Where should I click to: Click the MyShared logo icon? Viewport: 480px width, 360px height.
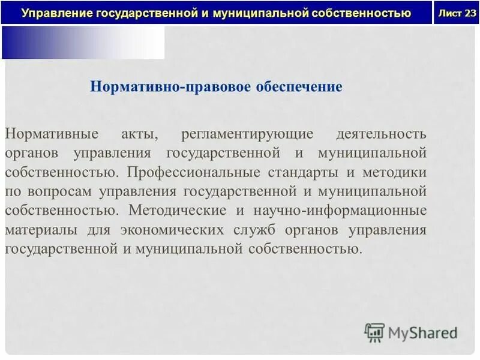374,331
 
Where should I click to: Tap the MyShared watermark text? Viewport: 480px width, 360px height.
423,332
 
